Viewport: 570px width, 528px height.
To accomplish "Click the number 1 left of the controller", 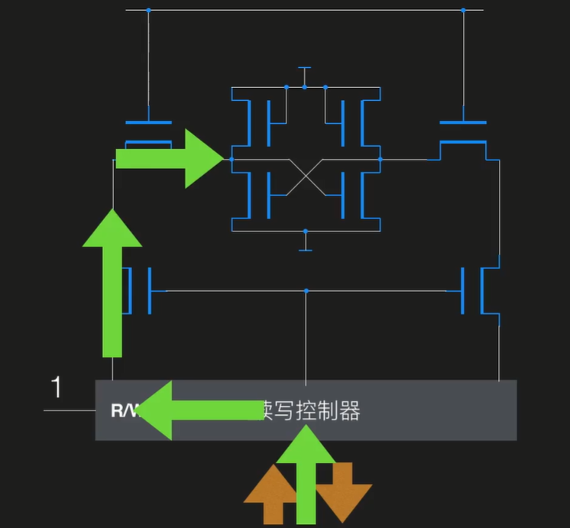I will coord(56,387).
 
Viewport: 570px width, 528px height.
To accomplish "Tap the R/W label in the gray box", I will coord(125,411).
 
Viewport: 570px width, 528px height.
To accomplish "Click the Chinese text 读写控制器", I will coord(310,411).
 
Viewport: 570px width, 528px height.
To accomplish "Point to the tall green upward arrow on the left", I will coord(112,283).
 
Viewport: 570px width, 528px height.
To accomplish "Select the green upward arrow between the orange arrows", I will coord(306,475).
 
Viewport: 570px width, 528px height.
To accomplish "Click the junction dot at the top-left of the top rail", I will coord(149,10).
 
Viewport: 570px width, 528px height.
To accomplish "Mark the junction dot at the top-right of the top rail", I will coord(463,10).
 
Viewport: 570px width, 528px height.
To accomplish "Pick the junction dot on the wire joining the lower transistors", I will coord(306,290).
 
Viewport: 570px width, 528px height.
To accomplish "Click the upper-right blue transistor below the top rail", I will coord(463,131).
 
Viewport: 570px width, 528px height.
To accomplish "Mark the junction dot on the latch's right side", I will coord(380,159).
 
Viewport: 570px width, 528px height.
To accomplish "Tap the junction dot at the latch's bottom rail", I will coord(305,231).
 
